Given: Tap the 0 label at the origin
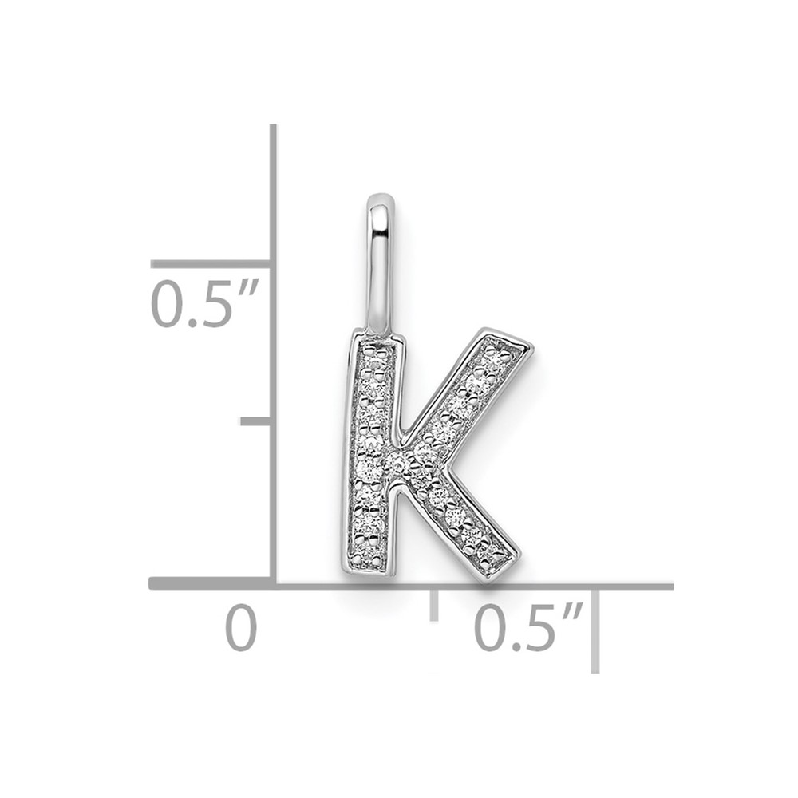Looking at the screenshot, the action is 241,627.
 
